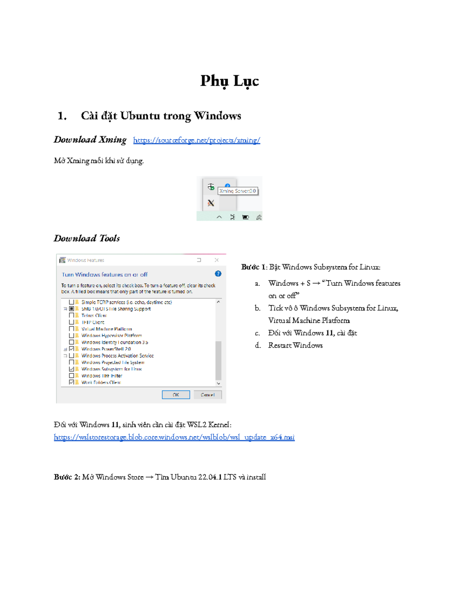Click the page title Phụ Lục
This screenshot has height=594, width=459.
(229, 81)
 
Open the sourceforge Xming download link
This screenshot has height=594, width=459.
(196, 140)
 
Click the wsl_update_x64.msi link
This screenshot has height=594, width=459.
(174, 437)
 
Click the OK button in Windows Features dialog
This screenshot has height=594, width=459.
(176, 395)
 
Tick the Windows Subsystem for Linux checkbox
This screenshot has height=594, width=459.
(72, 369)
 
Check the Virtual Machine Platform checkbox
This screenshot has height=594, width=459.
(72, 329)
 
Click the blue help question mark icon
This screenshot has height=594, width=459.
(218, 274)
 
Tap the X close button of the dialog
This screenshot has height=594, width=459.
(216, 260)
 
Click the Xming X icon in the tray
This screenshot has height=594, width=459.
(211, 203)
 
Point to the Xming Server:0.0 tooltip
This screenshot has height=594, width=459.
(238, 191)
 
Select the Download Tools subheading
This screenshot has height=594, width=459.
(87, 239)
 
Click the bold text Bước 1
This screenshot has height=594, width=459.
(253, 267)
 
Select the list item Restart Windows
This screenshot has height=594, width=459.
(295, 345)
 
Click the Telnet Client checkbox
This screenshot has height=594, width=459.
(72, 316)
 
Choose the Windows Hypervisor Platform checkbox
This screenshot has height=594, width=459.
(72, 335)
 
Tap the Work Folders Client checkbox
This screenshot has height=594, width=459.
(72, 382)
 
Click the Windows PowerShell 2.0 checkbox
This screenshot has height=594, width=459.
(72, 349)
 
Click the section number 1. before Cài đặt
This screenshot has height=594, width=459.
(62, 116)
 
